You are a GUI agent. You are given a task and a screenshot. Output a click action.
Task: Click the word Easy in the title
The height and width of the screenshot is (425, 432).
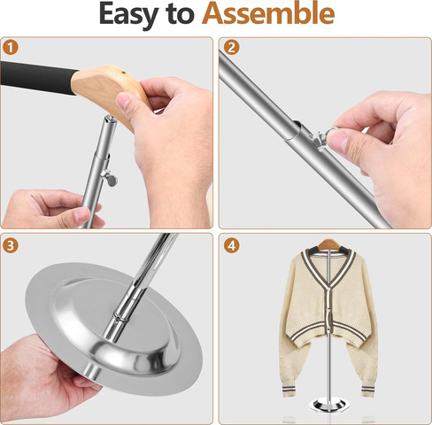point(127,15)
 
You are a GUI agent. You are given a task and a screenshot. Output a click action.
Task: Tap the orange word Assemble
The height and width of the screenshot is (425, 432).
point(268,13)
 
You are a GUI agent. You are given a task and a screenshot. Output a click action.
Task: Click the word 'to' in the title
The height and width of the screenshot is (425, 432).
point(180,15)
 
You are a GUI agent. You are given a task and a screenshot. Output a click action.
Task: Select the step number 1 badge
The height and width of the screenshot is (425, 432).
point(11,47)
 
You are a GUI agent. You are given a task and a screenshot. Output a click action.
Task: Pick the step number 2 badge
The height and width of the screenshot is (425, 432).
point(231,47)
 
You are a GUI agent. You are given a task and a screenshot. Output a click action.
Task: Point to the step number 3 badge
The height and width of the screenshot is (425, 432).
point(11,245)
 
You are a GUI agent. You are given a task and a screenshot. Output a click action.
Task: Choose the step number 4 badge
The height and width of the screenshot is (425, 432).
point(231,245)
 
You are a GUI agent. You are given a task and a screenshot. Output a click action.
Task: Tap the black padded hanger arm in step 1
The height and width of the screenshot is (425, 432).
point(37,77)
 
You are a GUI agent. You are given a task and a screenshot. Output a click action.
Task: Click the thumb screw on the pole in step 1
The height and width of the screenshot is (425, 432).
point(110,178)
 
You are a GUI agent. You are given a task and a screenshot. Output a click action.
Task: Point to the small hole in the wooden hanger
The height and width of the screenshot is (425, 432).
point(124,72)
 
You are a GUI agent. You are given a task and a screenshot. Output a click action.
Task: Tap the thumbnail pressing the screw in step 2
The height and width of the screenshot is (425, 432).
point(336,139)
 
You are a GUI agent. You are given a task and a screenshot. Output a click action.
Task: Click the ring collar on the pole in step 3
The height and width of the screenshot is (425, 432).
point(122,317)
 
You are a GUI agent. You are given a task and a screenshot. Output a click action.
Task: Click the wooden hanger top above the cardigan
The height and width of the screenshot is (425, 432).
point(329,244)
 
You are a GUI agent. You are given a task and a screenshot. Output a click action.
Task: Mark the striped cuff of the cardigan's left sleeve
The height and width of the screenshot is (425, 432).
point(290,390)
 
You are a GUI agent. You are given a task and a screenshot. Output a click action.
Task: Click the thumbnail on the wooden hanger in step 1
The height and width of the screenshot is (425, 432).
point(124,101)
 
